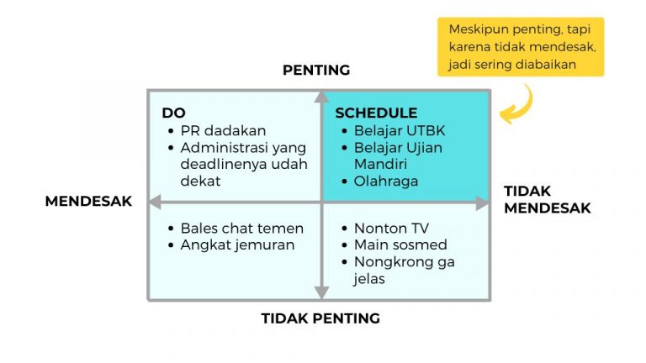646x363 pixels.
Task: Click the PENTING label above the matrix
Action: point(315,70)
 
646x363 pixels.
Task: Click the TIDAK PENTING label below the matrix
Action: point(320,318)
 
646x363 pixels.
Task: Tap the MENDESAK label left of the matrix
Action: point(88,202)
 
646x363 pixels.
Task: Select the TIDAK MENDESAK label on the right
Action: point(548,199)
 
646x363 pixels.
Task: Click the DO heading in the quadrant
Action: point(173,113)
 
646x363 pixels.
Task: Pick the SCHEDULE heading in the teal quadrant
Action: point(375,113)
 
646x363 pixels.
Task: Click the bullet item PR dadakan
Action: point(223,130)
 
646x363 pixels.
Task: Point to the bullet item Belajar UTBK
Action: point(400,130)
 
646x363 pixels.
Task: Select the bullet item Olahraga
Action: point(386,181)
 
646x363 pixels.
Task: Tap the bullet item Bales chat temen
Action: point(241,228)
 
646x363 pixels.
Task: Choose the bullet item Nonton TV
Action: point(391,228)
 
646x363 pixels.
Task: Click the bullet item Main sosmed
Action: point(400,245)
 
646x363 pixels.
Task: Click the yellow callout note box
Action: point(520,47)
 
